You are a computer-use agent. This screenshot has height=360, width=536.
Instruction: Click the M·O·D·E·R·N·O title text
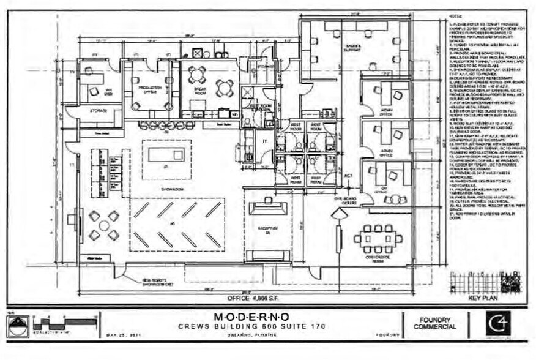[x=251, y=317]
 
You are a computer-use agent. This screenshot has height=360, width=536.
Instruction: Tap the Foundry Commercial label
[x=436, y=323]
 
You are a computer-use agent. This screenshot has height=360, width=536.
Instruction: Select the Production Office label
[x=149, y=89]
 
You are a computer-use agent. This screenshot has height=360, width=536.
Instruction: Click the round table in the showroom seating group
[x=104, y=225]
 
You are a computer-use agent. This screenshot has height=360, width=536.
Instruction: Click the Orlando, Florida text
[x=252, y=335]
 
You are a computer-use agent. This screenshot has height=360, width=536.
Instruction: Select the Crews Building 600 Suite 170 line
[x=252, y=326]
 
